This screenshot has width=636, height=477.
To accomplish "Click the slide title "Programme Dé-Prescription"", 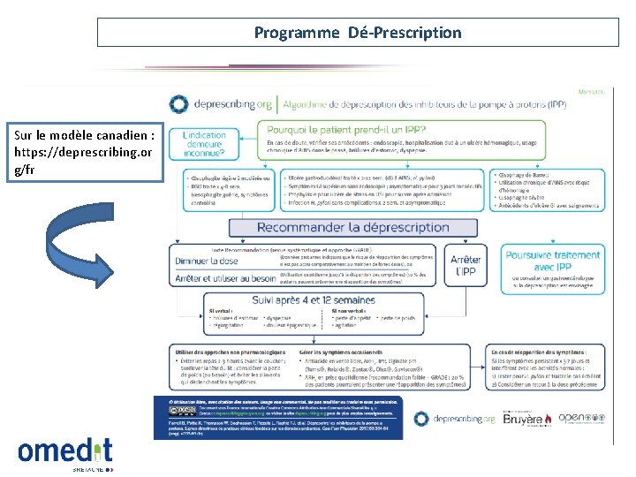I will point(357,33).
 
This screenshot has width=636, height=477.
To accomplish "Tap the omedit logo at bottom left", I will point(64,451).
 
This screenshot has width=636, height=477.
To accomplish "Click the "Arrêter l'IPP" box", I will point(465,265).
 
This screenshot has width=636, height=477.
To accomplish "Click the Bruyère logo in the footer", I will point(520,419).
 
